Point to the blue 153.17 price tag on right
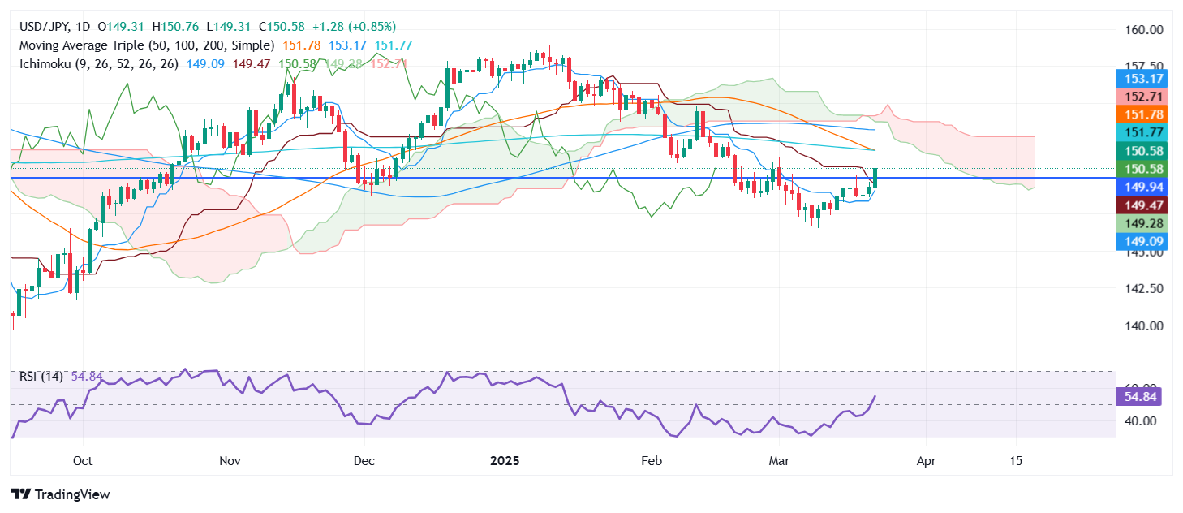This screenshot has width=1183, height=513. [x=1141, y=80]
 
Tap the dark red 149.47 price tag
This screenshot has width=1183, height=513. [x=1141, y=205]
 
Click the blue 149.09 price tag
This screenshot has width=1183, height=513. [x=1141, y=241]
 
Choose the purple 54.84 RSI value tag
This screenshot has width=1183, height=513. [x=1141, y=397]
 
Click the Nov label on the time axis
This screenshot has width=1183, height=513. [x=230, y=460]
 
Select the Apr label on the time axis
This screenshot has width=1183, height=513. [x=926, y=460]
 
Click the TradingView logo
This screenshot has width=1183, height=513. [x=60, y=494]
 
